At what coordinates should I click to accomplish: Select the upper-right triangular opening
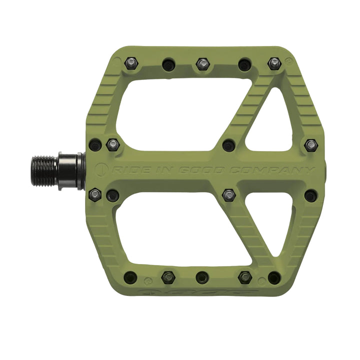click(x=273, y=122)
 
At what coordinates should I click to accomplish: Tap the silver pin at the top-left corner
click(x=131, y=63)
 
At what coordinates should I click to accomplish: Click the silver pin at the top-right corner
click(x=273, y=63)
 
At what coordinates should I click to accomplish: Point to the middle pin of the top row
click(x=202, y=64)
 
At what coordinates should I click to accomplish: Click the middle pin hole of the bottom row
click(x=202, y=277)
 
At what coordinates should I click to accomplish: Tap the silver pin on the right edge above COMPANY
click(x=311, y=145)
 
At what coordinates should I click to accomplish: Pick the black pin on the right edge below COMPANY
click(x=310, y=195)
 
